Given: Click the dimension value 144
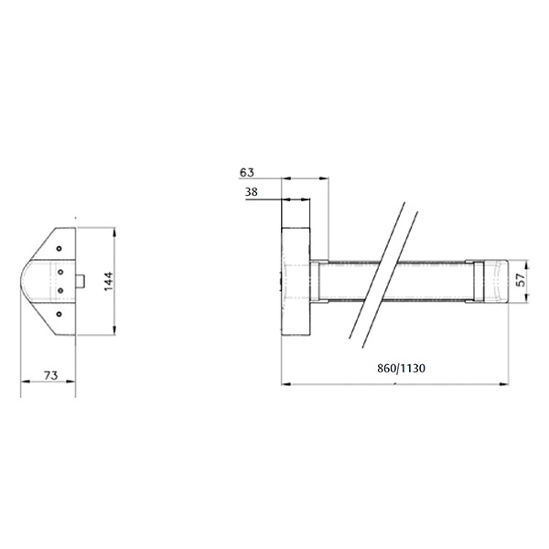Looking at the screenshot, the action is (109, 281).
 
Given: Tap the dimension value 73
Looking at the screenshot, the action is (50, 375).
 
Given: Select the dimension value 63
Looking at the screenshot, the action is (247, 172).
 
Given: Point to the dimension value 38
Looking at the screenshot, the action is (251, 192).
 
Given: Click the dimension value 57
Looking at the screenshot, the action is (522, 280).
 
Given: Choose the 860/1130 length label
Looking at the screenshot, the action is (402, 368).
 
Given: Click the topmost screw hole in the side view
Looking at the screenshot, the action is (59, 249).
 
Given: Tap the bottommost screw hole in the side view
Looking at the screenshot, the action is (59, 314).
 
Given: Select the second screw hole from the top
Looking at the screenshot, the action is (60, 272).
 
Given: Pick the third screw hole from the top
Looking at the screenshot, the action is (60, 290).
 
